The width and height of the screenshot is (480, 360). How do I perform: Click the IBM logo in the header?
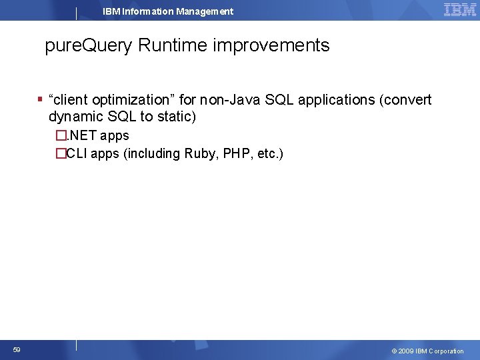(x=460, y=10)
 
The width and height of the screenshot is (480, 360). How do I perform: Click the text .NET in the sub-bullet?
(x=82, y=136)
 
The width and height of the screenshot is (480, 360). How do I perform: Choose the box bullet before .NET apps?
(x=61, y=136)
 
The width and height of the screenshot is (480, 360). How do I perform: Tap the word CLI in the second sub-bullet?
(x=76, y=154)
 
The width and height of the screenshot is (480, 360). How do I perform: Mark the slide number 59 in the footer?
(x=17, y=350)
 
